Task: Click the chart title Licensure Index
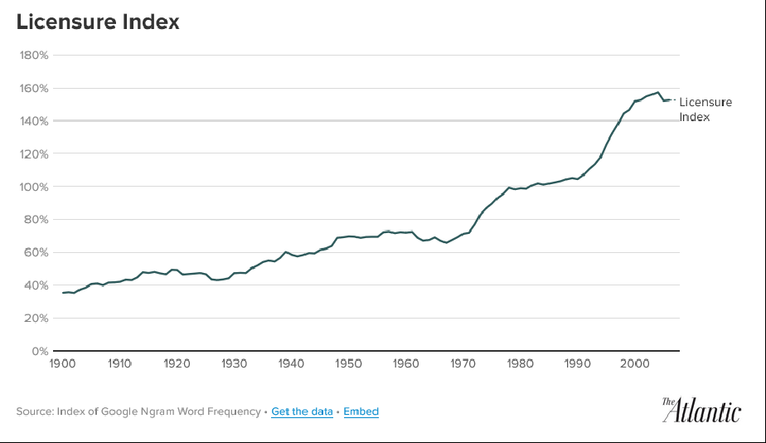[98, 22]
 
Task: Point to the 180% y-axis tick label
[34, 56]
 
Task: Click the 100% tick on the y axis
[34, 187]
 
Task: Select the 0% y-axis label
[40, 351]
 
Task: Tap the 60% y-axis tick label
[36, 252]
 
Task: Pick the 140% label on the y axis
[34, 121]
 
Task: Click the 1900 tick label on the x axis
[63, 363]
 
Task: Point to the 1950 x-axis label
[349, 363]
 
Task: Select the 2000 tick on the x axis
[635, 363]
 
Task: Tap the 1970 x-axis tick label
[463, 363]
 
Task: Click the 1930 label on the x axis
[235, 363]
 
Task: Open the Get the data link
[302, 411]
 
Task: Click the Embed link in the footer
[361, 411]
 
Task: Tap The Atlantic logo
[701, 410]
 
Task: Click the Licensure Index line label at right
[705, 109]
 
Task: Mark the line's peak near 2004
[657, 92]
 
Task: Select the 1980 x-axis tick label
[521, 363]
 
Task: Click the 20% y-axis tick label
[36, 318]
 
